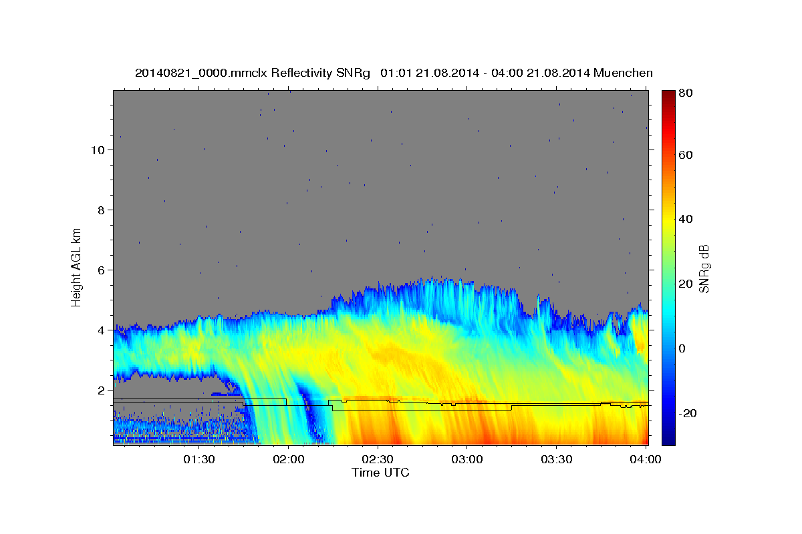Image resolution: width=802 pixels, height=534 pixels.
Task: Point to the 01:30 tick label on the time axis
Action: (198, 460)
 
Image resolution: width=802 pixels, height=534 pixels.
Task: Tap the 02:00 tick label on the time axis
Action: (288, 460)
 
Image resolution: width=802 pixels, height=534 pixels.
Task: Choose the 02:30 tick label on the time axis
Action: (377, 460)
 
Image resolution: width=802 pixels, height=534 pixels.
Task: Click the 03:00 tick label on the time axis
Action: (466, 460)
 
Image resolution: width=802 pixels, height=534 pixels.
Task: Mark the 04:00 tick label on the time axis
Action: (645, 460)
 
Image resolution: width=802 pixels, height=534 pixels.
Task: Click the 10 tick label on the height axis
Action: (98, 150)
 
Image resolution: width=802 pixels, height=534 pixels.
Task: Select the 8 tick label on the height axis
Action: (101, 210)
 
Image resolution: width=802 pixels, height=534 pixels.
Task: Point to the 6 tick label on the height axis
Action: (101, 270)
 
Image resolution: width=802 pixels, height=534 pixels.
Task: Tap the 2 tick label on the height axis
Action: (101, 390)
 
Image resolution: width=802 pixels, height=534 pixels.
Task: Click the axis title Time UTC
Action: (380, 473)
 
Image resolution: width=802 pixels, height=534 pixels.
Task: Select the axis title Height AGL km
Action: (76, 267)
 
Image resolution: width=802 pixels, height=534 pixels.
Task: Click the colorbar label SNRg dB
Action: (704, 268)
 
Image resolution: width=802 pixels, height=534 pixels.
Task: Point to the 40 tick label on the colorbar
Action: (686, 219)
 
